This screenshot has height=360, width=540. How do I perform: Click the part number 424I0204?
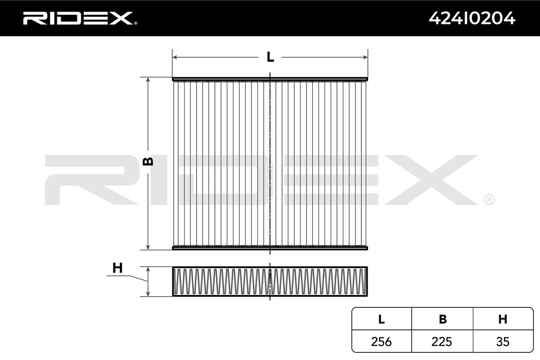coord(472,18)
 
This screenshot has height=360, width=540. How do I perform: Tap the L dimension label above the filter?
coord(270,57)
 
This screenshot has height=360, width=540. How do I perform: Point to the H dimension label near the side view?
coord(117,268)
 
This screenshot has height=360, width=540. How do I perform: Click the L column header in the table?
coord(381,319)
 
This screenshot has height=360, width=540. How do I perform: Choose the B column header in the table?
coord(442,319)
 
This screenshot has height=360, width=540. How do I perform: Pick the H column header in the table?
coord(503,319)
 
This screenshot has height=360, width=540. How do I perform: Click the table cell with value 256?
coord(381,342)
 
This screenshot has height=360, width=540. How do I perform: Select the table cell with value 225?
coord(442,342)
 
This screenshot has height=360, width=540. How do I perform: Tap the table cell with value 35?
coord(503,342)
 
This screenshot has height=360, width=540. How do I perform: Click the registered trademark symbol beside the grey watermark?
coord(489,199)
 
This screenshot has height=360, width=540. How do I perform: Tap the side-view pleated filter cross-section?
coord(270,282)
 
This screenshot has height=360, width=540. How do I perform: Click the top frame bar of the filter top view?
coord(270,79)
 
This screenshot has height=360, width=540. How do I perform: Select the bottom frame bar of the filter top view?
coord(270,247)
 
